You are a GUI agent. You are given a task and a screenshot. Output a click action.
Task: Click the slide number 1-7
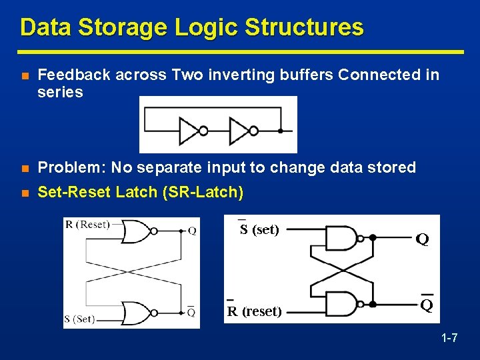tap(449, 339)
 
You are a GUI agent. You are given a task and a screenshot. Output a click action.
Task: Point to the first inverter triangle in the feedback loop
tap(189, 131)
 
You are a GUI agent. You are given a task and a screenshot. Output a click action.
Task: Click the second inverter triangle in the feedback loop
tap(239, 131)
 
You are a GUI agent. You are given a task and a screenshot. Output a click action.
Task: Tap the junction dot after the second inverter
tap(281, 131)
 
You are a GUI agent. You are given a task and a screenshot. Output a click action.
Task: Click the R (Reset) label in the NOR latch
tap(87, 225)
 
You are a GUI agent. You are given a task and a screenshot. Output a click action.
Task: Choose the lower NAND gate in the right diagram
tap(343, 304)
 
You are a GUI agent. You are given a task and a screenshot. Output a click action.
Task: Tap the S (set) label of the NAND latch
tap(259, 230)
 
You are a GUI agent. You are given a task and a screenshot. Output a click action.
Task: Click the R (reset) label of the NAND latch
tap(253, 311)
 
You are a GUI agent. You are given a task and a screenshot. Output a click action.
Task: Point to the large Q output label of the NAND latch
tap(422, 239)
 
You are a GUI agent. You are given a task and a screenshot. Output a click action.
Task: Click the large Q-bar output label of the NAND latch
tap(426, 305)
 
